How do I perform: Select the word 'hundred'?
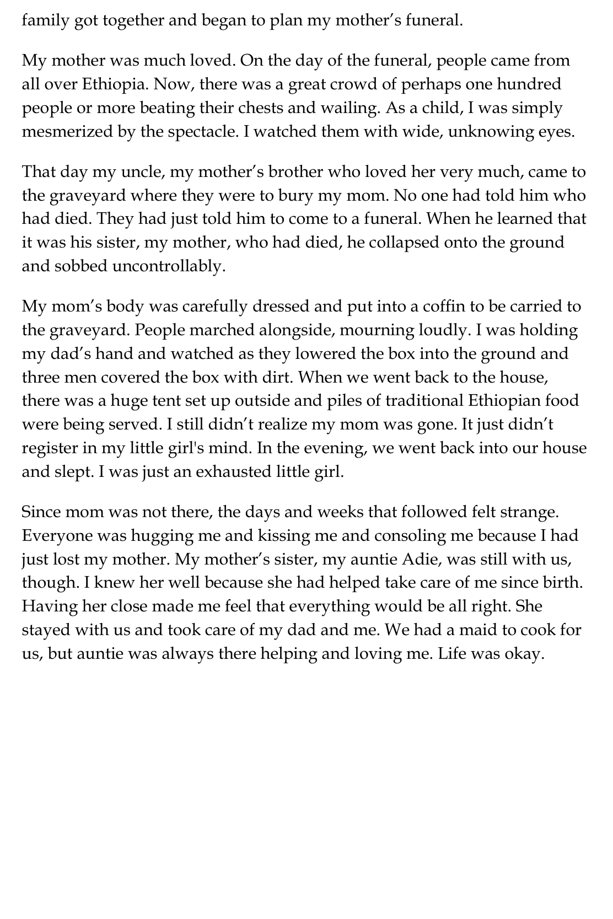tap(528, 84)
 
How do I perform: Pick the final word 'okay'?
tap(523, 654)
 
